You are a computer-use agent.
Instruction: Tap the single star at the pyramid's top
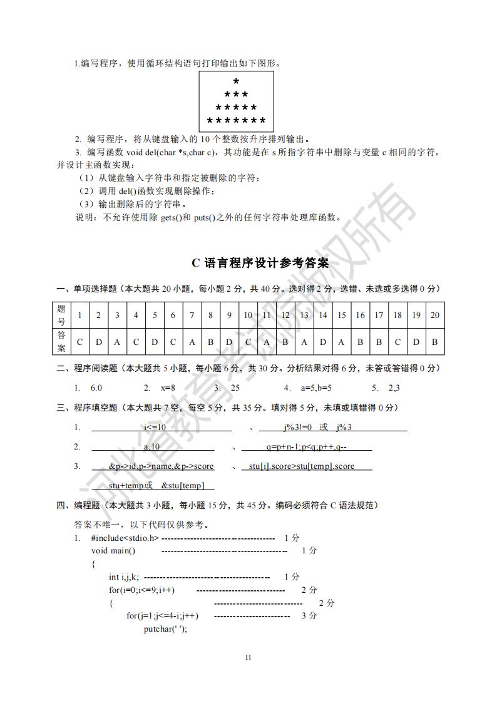tap(236, 82)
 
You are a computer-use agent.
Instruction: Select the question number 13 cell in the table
tap(304, 315)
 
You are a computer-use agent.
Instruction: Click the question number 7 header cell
tap(192, 315)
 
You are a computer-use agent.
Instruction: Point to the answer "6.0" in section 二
tap(96, 387)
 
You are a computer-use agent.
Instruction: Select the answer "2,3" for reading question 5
tap(394, 387)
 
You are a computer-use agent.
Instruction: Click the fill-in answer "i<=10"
tap(155, 427)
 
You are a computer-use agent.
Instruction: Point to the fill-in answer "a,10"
tap(152, 447)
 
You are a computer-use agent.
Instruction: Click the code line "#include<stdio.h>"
tap(125, 538)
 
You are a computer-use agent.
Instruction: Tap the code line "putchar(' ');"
tap(165, 629)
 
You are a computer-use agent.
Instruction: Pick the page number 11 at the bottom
tap(248, 657)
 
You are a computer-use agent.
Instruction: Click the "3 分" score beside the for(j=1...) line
tap(309, 616)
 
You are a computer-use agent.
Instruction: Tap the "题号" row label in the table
tap(61, 315)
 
